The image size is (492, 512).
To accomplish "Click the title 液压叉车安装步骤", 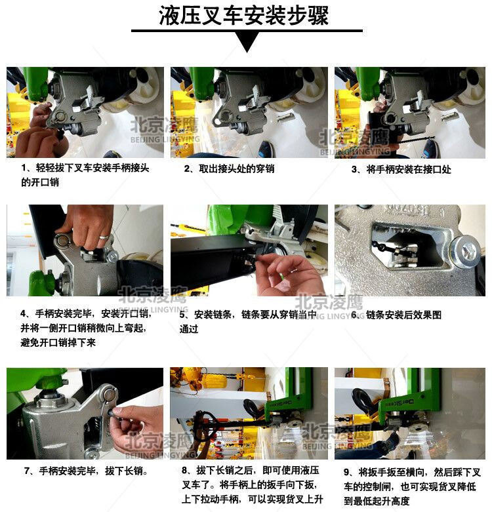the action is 244,15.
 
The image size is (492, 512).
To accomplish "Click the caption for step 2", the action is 229,169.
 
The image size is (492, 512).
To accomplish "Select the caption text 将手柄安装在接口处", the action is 409,170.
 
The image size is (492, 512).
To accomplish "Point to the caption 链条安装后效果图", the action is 403,315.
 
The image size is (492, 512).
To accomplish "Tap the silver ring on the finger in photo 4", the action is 104,237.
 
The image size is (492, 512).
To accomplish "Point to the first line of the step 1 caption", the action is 85,168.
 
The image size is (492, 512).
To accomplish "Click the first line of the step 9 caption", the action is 412,473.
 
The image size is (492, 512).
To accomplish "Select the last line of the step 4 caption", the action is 58,342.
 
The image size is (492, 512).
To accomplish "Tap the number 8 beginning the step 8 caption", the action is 185,471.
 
